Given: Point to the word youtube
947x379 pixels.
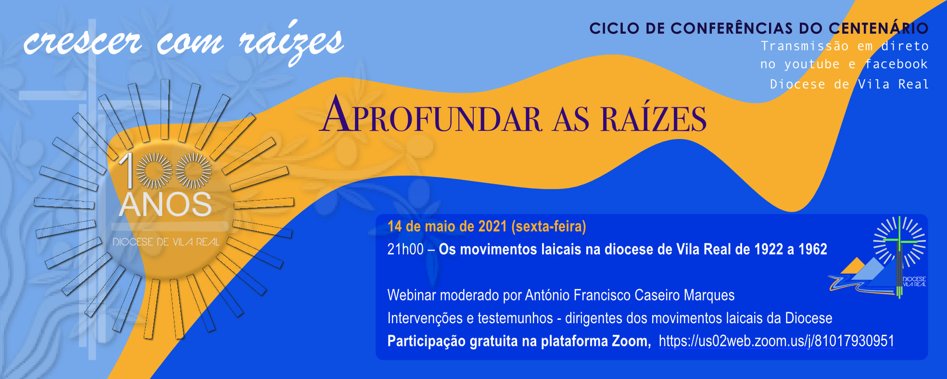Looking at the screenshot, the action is pyautogui.click(x=812, y=64).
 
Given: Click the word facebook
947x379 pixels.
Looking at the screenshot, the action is pyautogui.click(x=896, y=64).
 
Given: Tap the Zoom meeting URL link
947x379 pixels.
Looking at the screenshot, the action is pyautogui.click(x=776, y=341).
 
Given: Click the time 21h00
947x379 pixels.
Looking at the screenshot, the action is pyautogui.click(x=405, y=249).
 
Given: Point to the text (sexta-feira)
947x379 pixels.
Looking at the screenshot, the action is pyautogui.click(x=549, y=227).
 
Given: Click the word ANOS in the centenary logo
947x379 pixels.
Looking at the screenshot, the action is pyautogui.click(x=165, y=205).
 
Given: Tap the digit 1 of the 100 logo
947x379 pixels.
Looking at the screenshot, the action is pyautogui.click(x=127, y=170).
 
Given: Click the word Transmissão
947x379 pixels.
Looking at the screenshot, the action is pyautogui.click(x=805, y=46).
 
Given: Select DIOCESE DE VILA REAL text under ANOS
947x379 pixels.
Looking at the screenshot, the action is pyautogui.click(x=166, y=242).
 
